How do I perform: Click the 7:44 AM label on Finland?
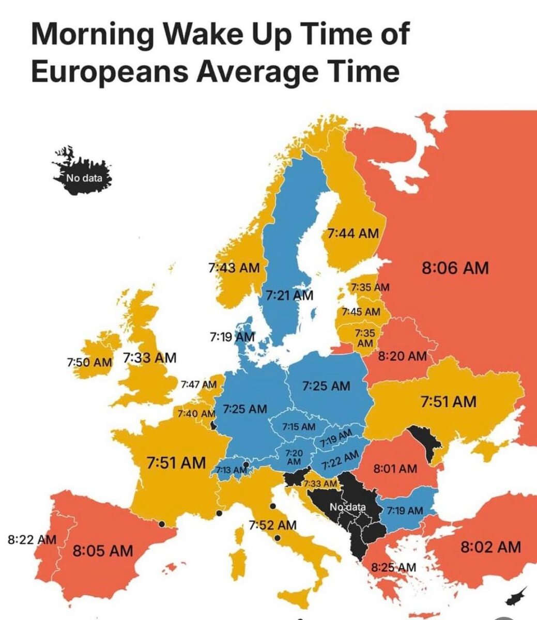353,234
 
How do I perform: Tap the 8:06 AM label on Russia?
455,268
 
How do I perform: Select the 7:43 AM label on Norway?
234,268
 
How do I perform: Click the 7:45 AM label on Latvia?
361,312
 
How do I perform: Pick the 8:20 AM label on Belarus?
402,356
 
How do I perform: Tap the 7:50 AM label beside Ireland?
89,361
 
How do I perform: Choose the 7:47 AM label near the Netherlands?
199,384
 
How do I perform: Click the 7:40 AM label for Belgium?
196,414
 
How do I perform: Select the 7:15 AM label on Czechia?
299,426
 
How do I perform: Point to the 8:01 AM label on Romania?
395,469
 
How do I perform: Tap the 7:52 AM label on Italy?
272,525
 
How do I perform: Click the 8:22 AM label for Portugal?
32,540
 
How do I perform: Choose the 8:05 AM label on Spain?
102,550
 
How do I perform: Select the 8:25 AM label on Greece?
393,567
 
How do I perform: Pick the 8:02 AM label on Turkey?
490,547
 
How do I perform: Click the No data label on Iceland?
84,179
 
